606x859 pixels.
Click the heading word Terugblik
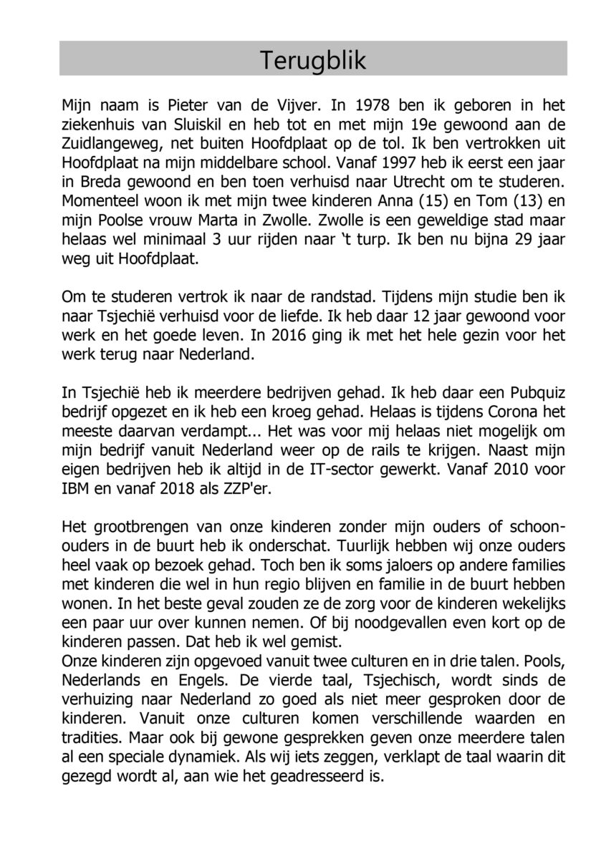[313, 59]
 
